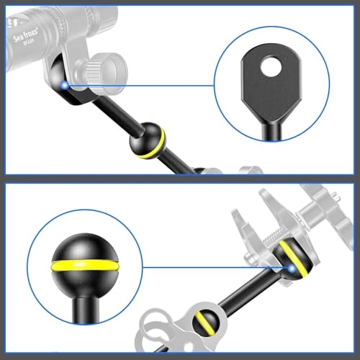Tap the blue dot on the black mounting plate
pos(64,85)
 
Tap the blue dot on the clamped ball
pos(292,269)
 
